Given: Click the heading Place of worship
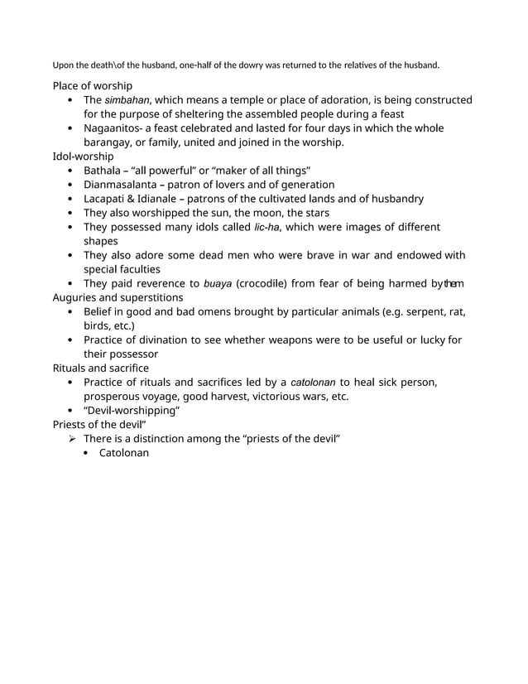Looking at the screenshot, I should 92,85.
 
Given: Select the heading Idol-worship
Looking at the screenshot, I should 84,156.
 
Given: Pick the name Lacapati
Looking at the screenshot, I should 107,199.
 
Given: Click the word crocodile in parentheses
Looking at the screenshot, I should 262,284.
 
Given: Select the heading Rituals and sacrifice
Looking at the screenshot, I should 100,368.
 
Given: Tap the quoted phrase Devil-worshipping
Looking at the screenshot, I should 132,411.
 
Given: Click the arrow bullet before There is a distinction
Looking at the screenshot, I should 73,439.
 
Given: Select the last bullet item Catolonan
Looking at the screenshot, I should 124,453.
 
